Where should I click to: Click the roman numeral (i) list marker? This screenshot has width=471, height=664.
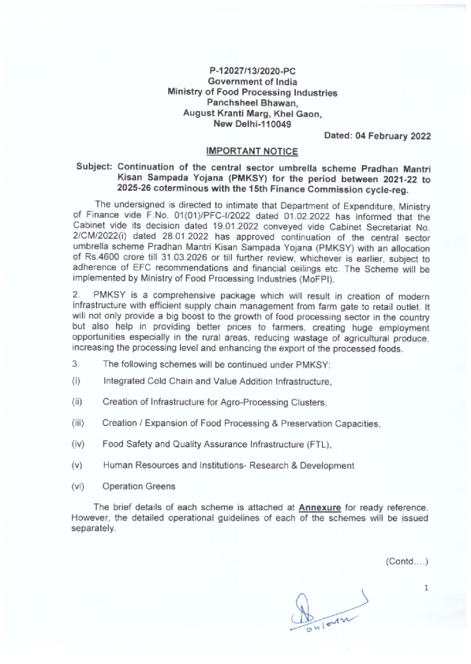77,381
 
